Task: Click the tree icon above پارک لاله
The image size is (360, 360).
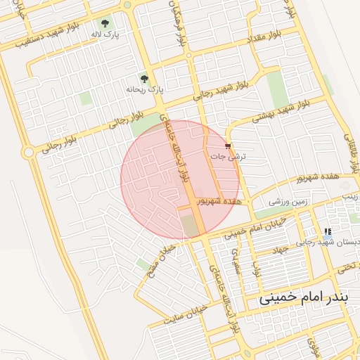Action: tap(106, 23)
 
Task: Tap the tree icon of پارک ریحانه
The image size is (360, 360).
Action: tap(144, 79)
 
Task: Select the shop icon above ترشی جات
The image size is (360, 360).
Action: tap(227, 146)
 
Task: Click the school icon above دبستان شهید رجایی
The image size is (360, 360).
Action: tap(327, 231)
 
